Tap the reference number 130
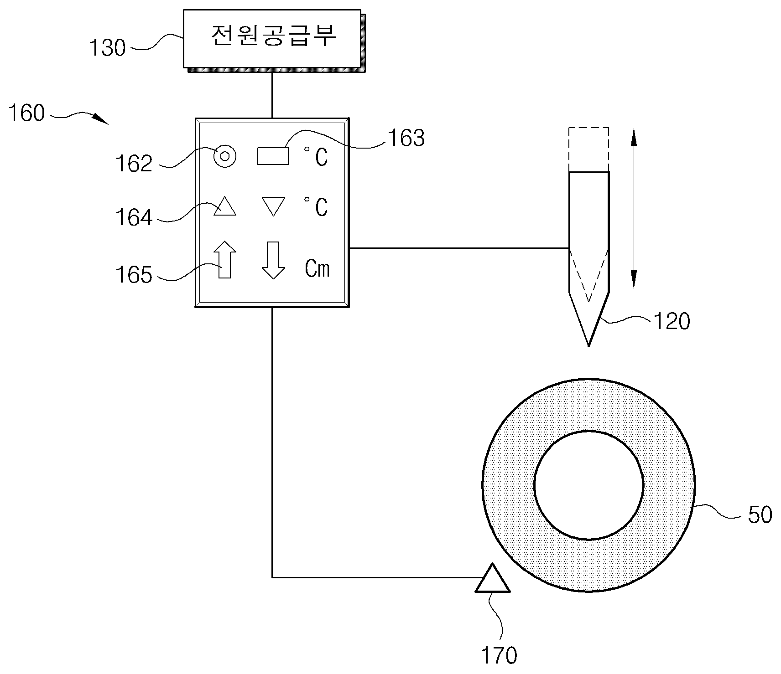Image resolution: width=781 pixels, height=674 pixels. click(x=107, y=48)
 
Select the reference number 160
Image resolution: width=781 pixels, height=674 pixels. click(x=27, y=113)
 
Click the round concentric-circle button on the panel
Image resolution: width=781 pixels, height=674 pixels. click(x=225, y=156)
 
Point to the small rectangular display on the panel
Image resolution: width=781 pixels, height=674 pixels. click(x=273, y=156)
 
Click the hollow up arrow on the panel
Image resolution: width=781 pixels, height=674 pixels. click(x=225, y=259)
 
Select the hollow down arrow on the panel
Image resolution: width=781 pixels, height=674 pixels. click(x=273, y=260)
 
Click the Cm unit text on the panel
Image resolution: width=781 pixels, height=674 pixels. click(x=317, y=269)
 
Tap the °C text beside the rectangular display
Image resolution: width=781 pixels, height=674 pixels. click(x=316, y=156)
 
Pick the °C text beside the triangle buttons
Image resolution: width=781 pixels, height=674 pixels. click(x=316, y=206)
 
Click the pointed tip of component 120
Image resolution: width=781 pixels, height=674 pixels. click(x=588, y=346)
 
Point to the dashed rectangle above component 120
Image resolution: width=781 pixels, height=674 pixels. click(x=588, y=149)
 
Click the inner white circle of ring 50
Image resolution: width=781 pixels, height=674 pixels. click(x=588, y=485)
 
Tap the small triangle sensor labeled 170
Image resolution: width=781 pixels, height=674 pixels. click(x=492, y=578)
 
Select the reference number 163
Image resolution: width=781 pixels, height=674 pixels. click(x=406, y=138)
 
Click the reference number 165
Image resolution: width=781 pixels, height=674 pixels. click(x=134, y=275)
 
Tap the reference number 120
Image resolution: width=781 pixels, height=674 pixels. click(x=672, y=321)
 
